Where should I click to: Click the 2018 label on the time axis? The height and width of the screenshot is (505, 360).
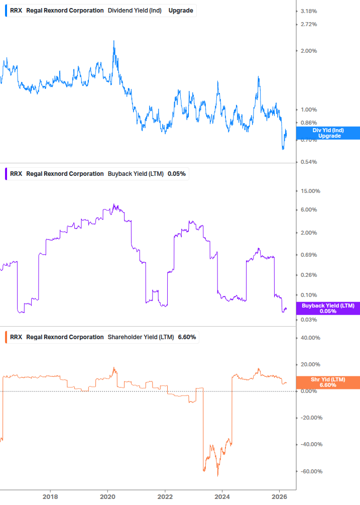50,497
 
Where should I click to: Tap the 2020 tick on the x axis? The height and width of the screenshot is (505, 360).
107,497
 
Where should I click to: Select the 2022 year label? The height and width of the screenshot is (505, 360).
165,497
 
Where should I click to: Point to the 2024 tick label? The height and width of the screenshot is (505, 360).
222,497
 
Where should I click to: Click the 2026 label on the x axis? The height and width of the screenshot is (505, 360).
280,497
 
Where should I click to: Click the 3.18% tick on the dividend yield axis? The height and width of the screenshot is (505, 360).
308,11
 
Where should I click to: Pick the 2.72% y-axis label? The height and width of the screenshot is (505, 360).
308,25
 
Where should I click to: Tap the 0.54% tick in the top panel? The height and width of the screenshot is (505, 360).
308,162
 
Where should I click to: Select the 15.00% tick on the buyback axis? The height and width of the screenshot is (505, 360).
309,191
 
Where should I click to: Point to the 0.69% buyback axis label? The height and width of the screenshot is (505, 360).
308,255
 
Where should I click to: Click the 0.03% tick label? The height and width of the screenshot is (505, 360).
308,320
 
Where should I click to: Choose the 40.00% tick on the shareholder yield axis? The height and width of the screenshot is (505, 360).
310,338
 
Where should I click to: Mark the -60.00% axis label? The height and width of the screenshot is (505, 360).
310,471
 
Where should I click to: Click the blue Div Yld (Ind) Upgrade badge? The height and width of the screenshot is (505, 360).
328,133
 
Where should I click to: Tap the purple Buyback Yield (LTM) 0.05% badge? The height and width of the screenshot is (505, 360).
328,308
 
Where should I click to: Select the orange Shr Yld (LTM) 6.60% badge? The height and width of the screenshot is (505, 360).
328,382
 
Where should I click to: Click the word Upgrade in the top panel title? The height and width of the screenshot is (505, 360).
181,10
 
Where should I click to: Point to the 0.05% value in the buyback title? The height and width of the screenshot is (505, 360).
177,174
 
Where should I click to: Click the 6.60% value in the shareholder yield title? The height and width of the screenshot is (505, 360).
187,337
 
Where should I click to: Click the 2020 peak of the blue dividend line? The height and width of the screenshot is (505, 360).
113,41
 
